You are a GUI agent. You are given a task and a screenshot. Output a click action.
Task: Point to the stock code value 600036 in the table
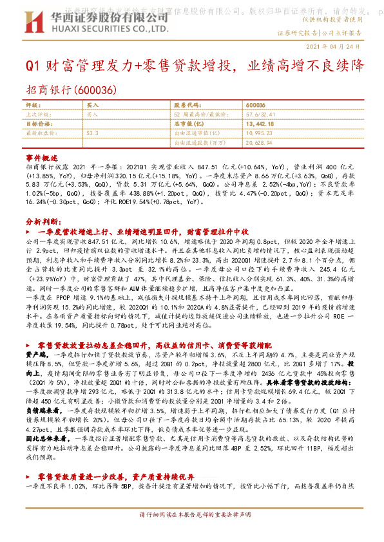click(256, 105)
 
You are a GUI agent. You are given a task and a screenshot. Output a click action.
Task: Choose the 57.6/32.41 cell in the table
click(260, 114)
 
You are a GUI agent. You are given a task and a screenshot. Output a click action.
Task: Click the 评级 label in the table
click(34, 105)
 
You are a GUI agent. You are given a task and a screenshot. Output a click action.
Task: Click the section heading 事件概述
click(42, 156)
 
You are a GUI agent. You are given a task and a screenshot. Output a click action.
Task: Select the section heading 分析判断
click(42, 220)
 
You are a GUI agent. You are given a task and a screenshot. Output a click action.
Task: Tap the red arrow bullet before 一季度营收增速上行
click(30, 230)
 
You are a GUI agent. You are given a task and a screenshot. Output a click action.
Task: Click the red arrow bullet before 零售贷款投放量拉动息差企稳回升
click(30, 345)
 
